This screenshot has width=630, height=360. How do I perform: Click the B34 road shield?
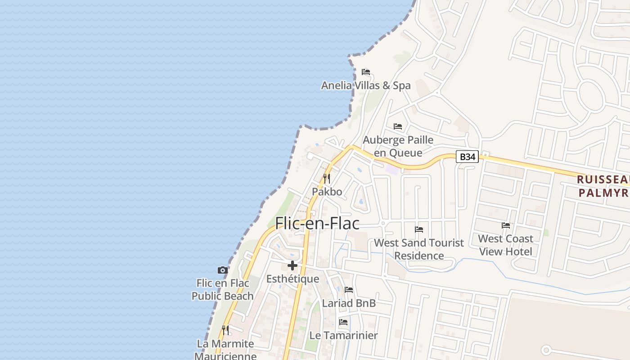click(x=467, y=157)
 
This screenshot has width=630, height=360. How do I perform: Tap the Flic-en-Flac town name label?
click(x=317, y=223)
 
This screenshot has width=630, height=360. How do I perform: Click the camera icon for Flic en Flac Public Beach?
click(x=222, y=270)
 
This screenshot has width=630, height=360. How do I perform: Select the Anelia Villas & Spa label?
click(x=365, y=85)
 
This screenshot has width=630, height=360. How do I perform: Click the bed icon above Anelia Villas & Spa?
click(x=365, y=72)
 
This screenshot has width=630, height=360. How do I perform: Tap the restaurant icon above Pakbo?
click(x=327, y=178)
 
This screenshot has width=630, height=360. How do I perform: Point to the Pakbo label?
click(x=327, y=192)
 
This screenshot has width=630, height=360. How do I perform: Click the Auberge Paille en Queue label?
click(x=398, y=146)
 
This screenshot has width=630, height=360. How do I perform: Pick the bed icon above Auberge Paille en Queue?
click(x=398, y=126)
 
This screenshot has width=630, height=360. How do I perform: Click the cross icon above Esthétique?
click(x=292, y=265)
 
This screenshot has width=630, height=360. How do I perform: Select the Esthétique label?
click(x=292, y=279)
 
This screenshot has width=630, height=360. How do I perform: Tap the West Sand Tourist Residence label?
click(x=419, y=249)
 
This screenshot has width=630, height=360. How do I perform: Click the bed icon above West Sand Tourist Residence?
click(x=419, y=229)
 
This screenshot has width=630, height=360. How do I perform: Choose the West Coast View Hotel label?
click(x=506, y=245)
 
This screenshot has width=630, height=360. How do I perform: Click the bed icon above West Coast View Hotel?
click(x=506, y=225)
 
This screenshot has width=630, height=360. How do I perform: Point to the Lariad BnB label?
click(x=349, y=303)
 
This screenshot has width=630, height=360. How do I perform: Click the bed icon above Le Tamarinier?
click(x=343, y=322)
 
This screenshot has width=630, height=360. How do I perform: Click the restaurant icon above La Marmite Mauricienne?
click(x=225, y=330)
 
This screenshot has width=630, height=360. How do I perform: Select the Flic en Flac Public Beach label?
click(x=223, y=289)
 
